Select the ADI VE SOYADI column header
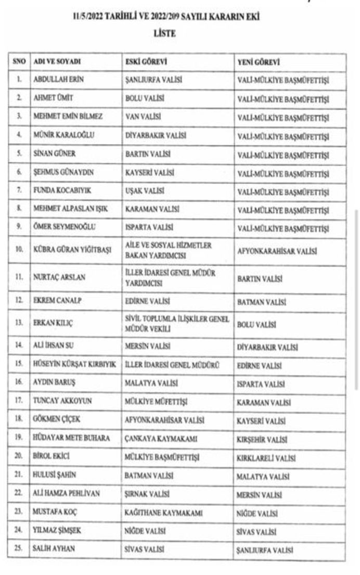click(x=57, y=62)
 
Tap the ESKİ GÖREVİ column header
click(x=146, y=62)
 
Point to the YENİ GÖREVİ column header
click(x=259, y=62)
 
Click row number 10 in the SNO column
click(x=19, y=250)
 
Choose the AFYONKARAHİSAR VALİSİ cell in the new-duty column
click(x=277, y=250)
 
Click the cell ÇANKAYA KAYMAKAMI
click(x=158, y=438)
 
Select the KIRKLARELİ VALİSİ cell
click(x=266, y=457)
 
